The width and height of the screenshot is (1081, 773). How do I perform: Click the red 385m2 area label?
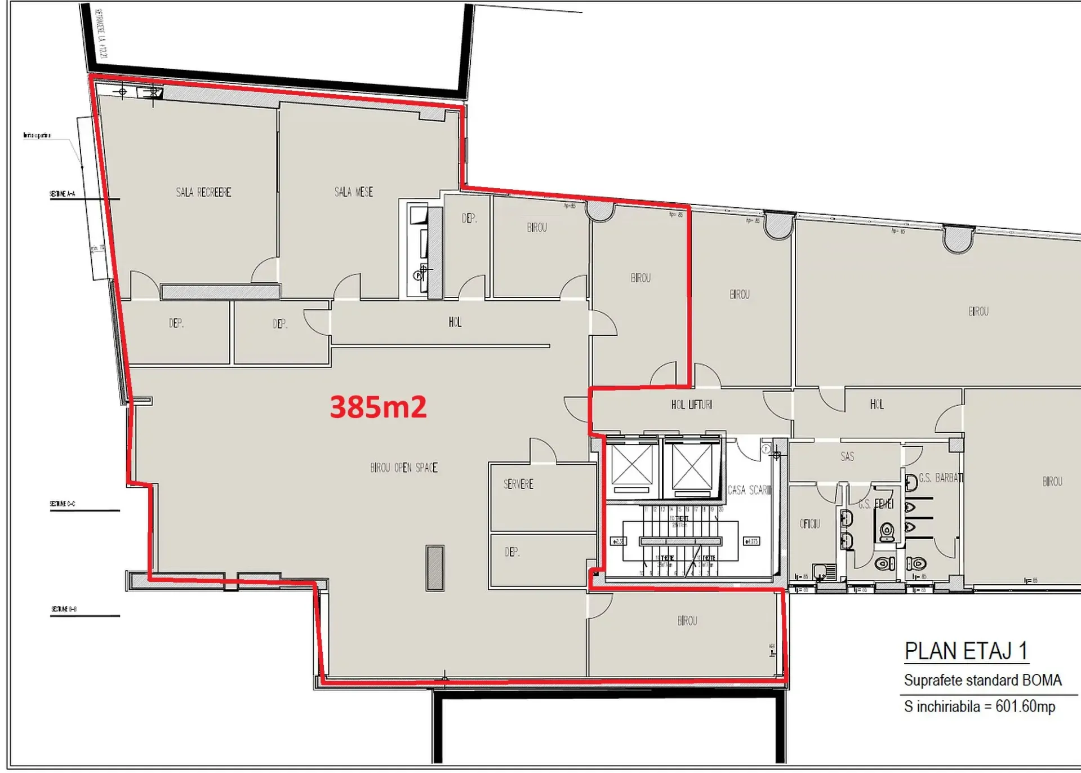pyautogui.click(x=378, y=407)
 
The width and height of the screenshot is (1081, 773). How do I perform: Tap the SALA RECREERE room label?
pyautogui.click(x=203, y=193)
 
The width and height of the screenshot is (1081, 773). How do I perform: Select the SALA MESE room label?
pyautogui.click(x=354, y=192)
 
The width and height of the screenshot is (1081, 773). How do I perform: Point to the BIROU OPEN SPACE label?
pyautogui.click(x=404, y=468)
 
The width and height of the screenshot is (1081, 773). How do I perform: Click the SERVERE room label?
pyautogui.click(x=518, y=484)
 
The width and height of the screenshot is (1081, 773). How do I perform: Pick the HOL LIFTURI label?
pyautogui.click(x=691, y=405)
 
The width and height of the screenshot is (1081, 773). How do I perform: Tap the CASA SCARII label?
pyautogui.click(x=749, y=490)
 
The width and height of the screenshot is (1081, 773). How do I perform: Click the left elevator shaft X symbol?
pyautogui.click(x=631, y=466)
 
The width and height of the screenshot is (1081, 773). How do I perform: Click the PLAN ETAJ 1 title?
pyautogui.click(x=966, y=651)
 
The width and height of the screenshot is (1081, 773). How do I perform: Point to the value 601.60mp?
pyautogui.click(x=1025, y=707)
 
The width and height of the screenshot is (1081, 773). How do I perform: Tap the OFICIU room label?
pyautogui.click(x=810, y=524)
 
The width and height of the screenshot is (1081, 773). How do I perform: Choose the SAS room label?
pyautogui.click(x=847, y=456)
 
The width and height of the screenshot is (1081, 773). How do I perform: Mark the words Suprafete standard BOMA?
pyautogui.click(x=982, y=681)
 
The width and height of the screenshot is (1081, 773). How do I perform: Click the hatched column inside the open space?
pyautogui.click(x=435, y=568)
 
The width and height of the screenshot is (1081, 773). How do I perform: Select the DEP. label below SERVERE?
pyautogui.click(x=512, y=552)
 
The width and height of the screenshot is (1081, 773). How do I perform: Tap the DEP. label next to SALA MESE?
pyautogui.click(x=469, y=218)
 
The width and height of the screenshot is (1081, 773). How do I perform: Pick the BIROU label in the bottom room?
pyautogui.click(x=687, y=621)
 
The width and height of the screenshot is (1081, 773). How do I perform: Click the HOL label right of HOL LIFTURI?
pyautogui.click(x=877, y=405)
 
